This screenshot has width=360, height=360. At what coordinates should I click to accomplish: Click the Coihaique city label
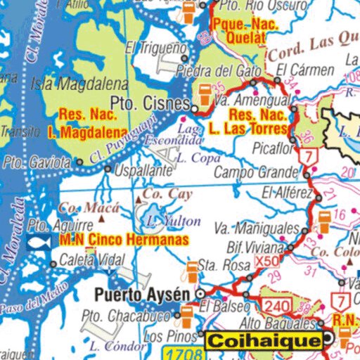click(x=263, y=341)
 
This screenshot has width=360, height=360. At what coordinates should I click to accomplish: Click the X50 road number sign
click(x=268, y=260)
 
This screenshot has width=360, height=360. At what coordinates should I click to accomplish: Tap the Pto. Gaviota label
click(x=37, y=162)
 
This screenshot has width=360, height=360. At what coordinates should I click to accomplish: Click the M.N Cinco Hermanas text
click(x=124, y=240)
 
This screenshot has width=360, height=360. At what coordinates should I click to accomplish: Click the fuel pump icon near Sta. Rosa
click(x=192, y=269)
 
